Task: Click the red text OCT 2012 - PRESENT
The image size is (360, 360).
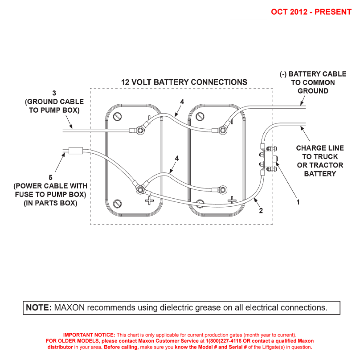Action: tap(311, 12)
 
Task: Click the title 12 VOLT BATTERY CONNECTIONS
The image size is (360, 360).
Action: tap(184, 82)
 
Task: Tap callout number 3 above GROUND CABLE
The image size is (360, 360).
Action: tap(54, 93)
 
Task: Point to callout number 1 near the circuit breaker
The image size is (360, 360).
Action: tap(298, 202)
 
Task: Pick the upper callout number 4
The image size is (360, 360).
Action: tap(182, 102)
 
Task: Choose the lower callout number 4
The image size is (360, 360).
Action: tap(177, 158)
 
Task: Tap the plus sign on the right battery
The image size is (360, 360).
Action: tap(232, 200)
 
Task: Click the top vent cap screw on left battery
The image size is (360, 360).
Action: tap(118, 117)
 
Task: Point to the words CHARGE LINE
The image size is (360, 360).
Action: tap(320, 148)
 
